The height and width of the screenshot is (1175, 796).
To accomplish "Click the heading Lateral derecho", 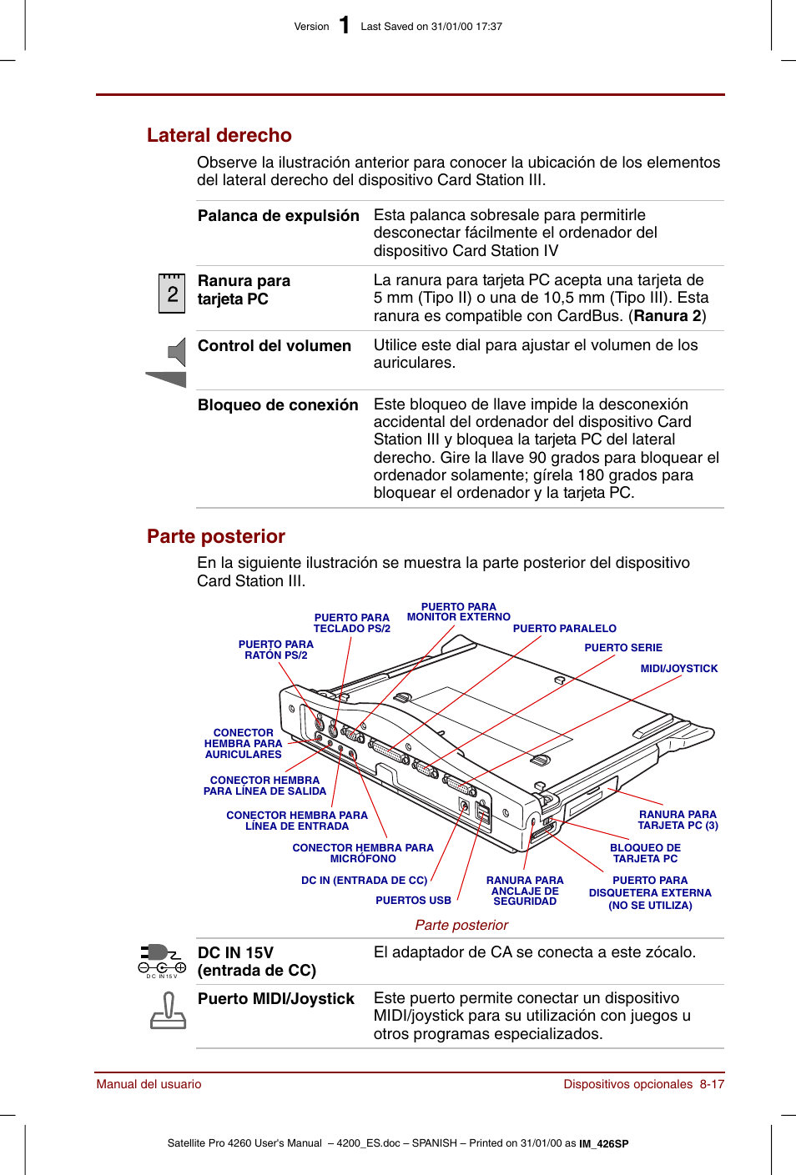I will pyautogui.click(x=219, y=135).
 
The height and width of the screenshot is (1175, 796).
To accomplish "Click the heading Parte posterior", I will pyautogui.click(x=215, y=536).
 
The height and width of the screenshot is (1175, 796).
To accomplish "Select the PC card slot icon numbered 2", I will pyautogui.click(x=172, y=294).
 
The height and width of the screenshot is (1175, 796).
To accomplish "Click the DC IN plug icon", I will pyautogui.click(x=162, y=960).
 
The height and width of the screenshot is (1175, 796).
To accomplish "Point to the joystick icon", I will pyautogui.click(x=168, y=1011).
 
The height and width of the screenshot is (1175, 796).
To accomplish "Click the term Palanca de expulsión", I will pyautogui.click(x=278, y=216).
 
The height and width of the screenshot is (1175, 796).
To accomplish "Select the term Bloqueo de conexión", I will pyautogui.click(x=278, y=405).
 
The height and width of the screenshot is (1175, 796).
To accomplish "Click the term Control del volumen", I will pyautogui.click(x=274, y=346).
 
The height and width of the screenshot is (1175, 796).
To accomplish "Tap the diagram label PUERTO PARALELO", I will pyautogui.click(x=564, y=629).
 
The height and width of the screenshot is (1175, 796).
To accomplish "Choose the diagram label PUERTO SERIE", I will pyautogui.click(x=622, y=648).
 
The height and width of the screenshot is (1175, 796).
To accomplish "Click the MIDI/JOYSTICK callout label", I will pyautogui.click(x=678, y=669).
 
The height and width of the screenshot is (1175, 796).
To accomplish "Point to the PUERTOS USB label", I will pyautogui.click(x=413, y=901).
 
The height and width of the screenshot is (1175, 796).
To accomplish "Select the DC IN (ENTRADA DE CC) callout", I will pyautogui.click(x=364, y=881).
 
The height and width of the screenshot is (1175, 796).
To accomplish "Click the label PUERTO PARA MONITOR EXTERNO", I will pyautogui.click(x=458, y=612).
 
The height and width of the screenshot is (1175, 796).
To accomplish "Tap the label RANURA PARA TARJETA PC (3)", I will pyautogui.click(x=678, y=820).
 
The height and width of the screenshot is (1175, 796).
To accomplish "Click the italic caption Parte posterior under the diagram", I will pyautogui.click(x=461, y=925).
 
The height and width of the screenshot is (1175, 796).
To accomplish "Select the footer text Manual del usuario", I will pyautogui.click(x=149, y=1084).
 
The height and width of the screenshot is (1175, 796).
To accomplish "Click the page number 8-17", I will pyautogui.click(x=712, y=1084).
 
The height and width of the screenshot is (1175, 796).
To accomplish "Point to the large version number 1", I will pyautogui.click(x=344, y=26).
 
